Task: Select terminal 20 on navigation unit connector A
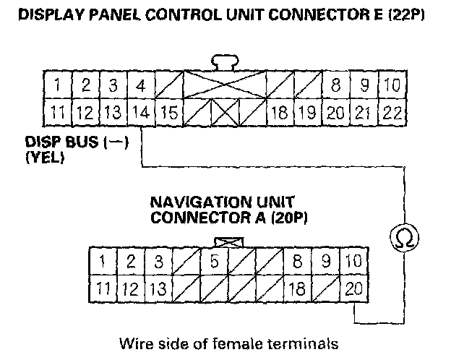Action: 353,288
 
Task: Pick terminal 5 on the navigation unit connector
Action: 214,262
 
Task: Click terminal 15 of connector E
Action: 168,113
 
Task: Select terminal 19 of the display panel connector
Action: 306,113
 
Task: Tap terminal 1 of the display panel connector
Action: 56,86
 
